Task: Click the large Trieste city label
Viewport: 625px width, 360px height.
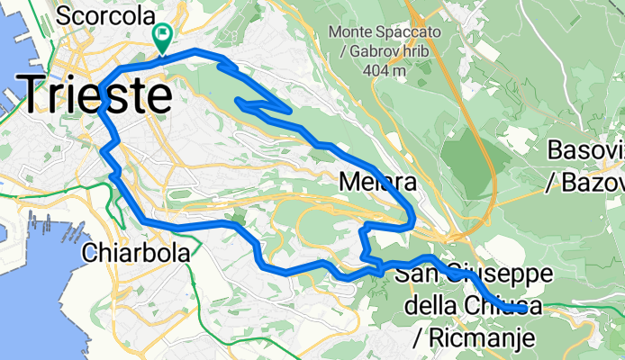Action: tap(94, 94)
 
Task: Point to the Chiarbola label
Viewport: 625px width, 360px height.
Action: tap(135, 254)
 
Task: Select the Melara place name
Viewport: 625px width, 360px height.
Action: tap(378, 183)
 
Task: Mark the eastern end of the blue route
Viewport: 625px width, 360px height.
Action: tap(524, 309)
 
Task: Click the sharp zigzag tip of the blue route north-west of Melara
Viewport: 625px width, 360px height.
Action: tap(237, 101)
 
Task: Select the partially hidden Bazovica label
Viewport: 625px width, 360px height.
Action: tap(591, 184)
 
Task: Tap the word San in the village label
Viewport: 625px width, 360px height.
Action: tap(420, 275)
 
